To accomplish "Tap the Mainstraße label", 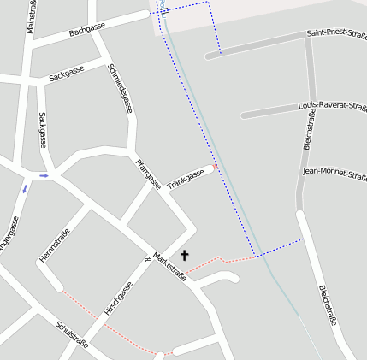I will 32,17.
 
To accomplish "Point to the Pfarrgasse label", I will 148,174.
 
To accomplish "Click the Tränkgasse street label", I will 186,179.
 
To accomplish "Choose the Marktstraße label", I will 169,267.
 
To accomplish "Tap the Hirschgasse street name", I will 119,298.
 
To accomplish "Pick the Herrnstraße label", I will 54,245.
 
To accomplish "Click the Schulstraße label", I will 72,334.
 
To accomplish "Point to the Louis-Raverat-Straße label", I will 332,105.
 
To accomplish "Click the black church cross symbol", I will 184,255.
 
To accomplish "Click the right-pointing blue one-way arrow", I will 44,175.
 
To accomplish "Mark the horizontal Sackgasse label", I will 66,75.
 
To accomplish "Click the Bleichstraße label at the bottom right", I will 328,305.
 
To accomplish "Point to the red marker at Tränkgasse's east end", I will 216,165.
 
